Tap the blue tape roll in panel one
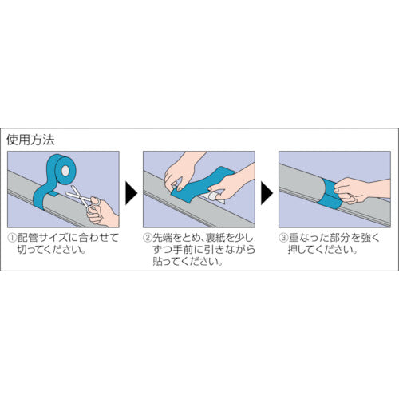click(63, 169)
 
